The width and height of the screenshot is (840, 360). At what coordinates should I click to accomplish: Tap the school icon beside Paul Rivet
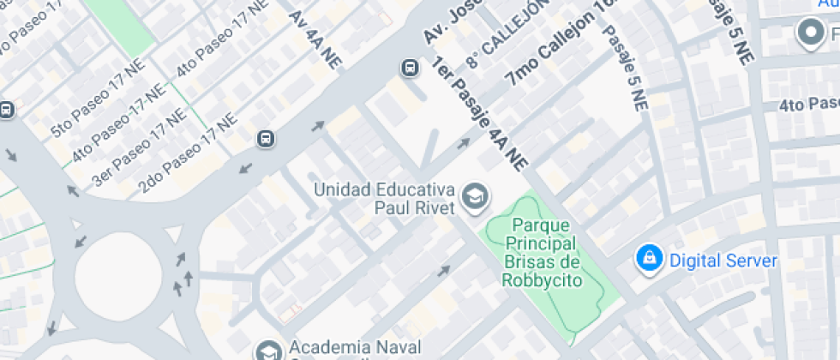[x=472, y=197]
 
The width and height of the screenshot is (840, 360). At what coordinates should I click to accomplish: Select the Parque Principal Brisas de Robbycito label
[x=542, y=253]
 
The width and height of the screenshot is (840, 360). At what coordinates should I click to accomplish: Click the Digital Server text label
[x=723, y=261]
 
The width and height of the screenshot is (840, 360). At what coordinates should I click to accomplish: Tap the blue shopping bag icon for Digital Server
[x=649, y=259]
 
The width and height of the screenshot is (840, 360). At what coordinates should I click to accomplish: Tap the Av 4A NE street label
[x=315, y=39]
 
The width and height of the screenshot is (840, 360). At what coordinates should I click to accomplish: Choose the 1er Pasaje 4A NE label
[x=479, y=112]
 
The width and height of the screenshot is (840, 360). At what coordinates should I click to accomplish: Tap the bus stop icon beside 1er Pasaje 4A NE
[x=411, y=67]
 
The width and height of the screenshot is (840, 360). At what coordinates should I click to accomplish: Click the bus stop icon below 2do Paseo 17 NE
[x=266, y=139]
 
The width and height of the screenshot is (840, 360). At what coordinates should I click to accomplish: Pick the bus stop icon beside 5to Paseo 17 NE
[x=7, y=110]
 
